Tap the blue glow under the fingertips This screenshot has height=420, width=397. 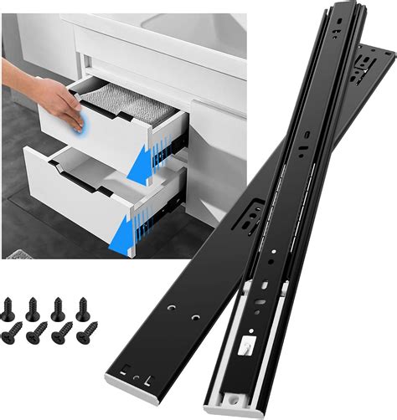[78, 123]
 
